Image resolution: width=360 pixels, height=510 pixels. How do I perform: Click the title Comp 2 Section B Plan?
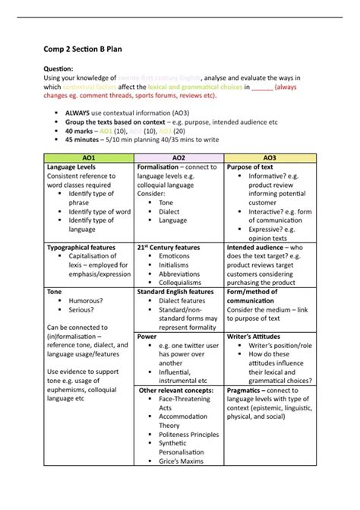[81, 49]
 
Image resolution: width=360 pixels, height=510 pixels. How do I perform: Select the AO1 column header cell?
[89, 157]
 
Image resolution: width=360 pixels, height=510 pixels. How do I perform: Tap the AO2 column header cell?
[179, 157]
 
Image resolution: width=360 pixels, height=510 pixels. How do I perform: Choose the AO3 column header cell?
[270, 157]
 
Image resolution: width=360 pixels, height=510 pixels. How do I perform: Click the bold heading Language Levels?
[71, 167]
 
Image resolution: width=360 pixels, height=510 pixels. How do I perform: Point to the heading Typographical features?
[81, 247]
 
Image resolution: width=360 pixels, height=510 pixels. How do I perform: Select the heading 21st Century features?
[168, 247]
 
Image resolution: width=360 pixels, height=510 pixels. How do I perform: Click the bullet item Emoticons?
[174, 256]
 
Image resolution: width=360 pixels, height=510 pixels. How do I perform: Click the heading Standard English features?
[175, 291]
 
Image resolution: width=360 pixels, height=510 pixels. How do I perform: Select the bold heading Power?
[147, 335]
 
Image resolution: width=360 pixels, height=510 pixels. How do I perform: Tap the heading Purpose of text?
[251, 167]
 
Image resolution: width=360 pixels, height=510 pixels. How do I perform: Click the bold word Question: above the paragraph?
[58, 68]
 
